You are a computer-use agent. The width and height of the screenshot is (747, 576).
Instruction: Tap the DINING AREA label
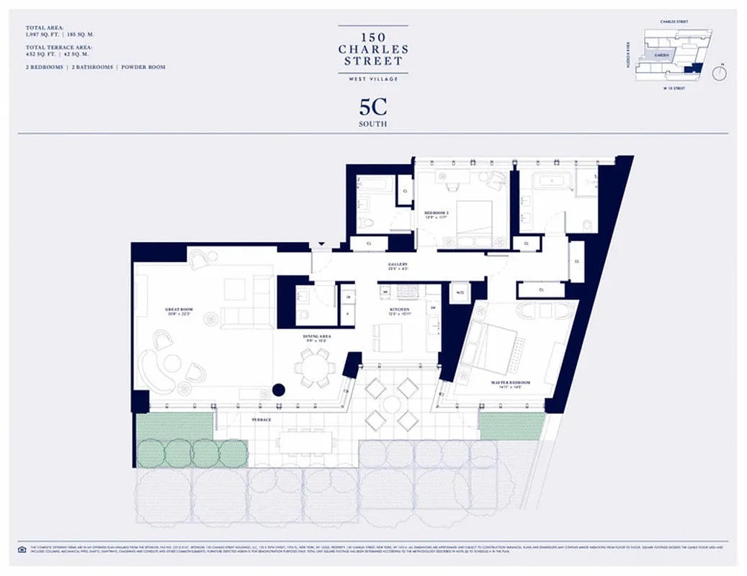[x=315, y=337]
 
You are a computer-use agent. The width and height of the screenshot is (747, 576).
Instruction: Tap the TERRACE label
[x=261, y=420]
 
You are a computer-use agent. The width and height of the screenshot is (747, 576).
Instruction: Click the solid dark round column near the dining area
[x=279, y=391]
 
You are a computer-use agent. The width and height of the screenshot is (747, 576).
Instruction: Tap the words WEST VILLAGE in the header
[x=373, y=78]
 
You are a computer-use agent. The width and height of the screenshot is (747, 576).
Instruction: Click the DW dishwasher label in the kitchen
[x=432, y=307]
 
